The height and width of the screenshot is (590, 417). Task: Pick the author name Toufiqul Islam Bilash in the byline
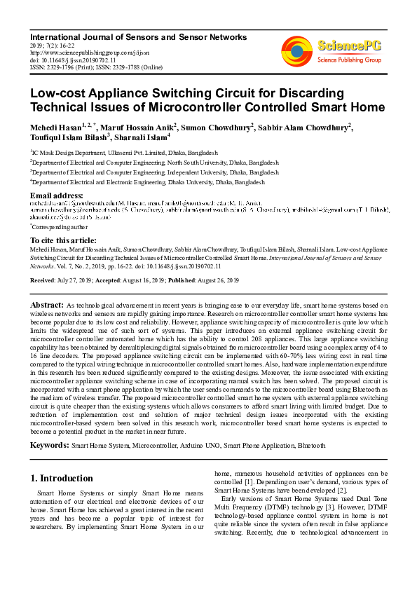(67, 138)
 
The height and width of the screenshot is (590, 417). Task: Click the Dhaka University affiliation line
(147, 181)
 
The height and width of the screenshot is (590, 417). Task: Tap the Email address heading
(57, 195)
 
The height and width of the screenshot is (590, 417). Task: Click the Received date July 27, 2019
(75, 280)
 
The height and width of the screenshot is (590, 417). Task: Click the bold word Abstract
(46, 306)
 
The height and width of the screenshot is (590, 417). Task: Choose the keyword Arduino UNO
(210, 446)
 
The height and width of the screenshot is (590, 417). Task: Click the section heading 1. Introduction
(62, 479)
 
